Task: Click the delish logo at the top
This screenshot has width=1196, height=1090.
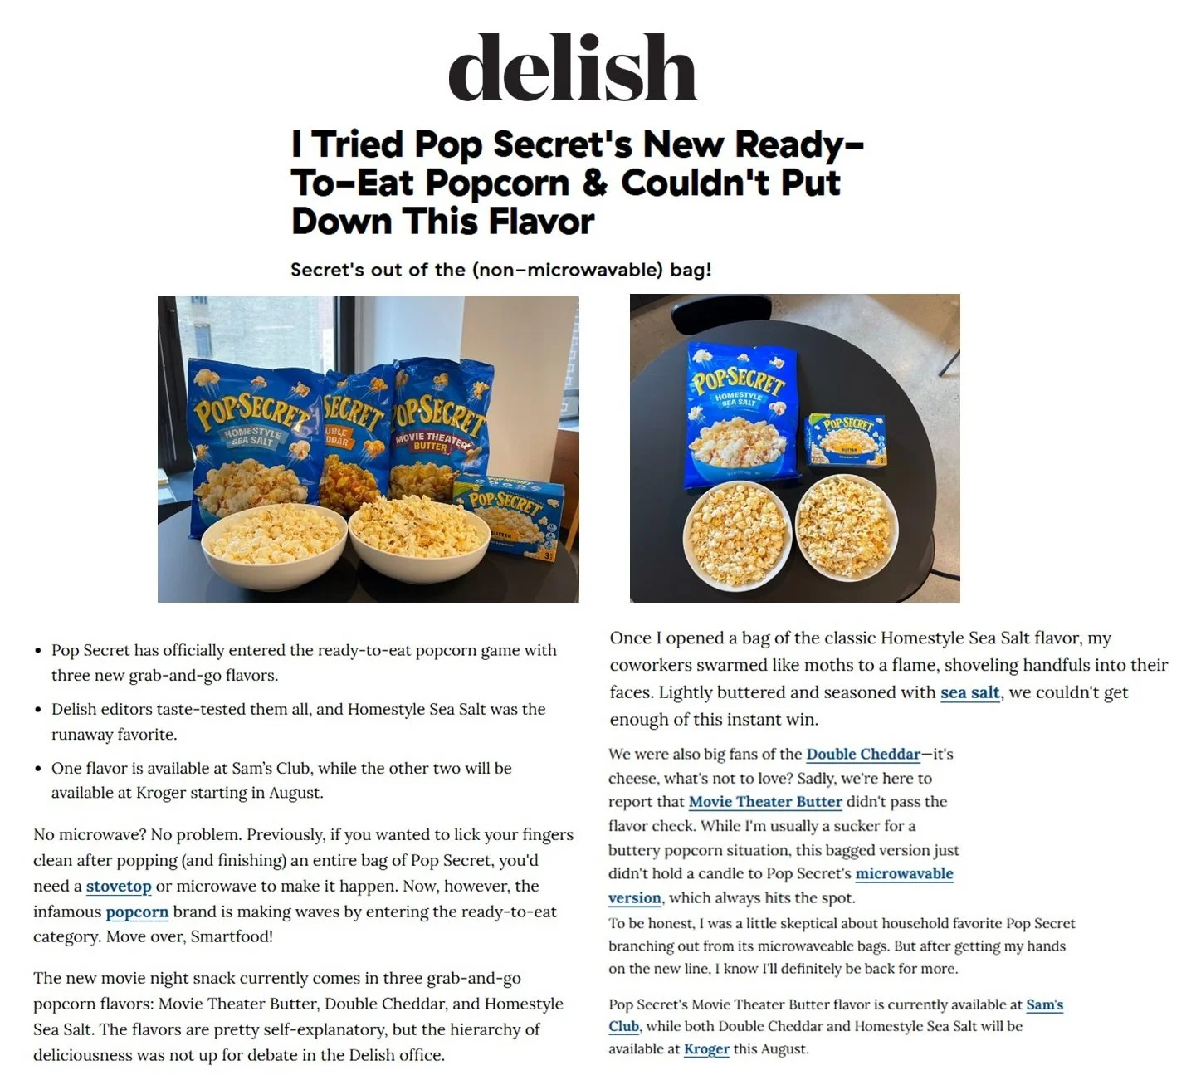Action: coord(573,68)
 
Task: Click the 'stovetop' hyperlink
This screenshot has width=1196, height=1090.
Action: coord(119,886)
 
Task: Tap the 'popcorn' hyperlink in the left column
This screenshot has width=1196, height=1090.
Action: coord(137,912)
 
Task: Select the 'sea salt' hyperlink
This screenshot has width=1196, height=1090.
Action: coord(969,692)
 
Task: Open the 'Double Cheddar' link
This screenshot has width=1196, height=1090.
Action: coord(863,754)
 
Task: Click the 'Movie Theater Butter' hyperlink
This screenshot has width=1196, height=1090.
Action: coord(765,802)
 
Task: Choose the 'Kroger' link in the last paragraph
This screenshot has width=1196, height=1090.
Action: coord(706,1048)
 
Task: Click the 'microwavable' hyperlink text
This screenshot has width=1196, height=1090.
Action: coord(904,873)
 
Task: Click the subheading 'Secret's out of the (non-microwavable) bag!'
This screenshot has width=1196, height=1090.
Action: coord(500,270)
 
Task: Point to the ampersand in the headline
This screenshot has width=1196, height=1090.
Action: coord(594,183)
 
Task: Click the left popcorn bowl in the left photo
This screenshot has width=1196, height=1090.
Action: coord(274,544)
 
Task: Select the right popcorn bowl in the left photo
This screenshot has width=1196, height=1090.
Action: coord(419,535)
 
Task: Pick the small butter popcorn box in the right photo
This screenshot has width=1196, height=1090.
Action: coord(846,440)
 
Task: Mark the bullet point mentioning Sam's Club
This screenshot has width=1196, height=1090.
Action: coord(282,780)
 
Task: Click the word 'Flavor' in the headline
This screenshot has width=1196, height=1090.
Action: coord(540,222)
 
